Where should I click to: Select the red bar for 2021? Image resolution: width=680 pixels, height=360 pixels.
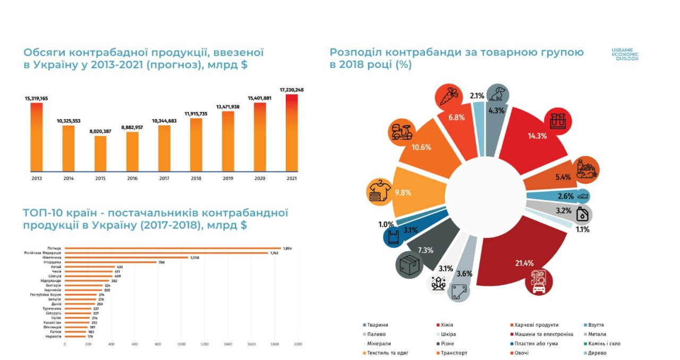click(292, 133)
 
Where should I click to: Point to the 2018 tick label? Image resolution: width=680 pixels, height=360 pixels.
click(196, 179)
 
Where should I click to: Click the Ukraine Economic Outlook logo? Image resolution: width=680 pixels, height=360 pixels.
click(625, 54)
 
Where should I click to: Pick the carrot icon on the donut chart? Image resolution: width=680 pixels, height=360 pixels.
click(448, 97)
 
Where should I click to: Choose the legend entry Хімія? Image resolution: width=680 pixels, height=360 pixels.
click(446, 325)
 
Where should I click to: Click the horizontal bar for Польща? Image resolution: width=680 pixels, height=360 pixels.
click(173, 248)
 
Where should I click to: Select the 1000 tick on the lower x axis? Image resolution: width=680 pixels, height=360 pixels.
click(181, 344)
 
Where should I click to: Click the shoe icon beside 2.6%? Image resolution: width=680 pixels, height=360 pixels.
click(582, 196)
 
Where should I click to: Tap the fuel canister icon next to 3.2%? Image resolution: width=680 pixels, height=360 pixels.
click(582, 215)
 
